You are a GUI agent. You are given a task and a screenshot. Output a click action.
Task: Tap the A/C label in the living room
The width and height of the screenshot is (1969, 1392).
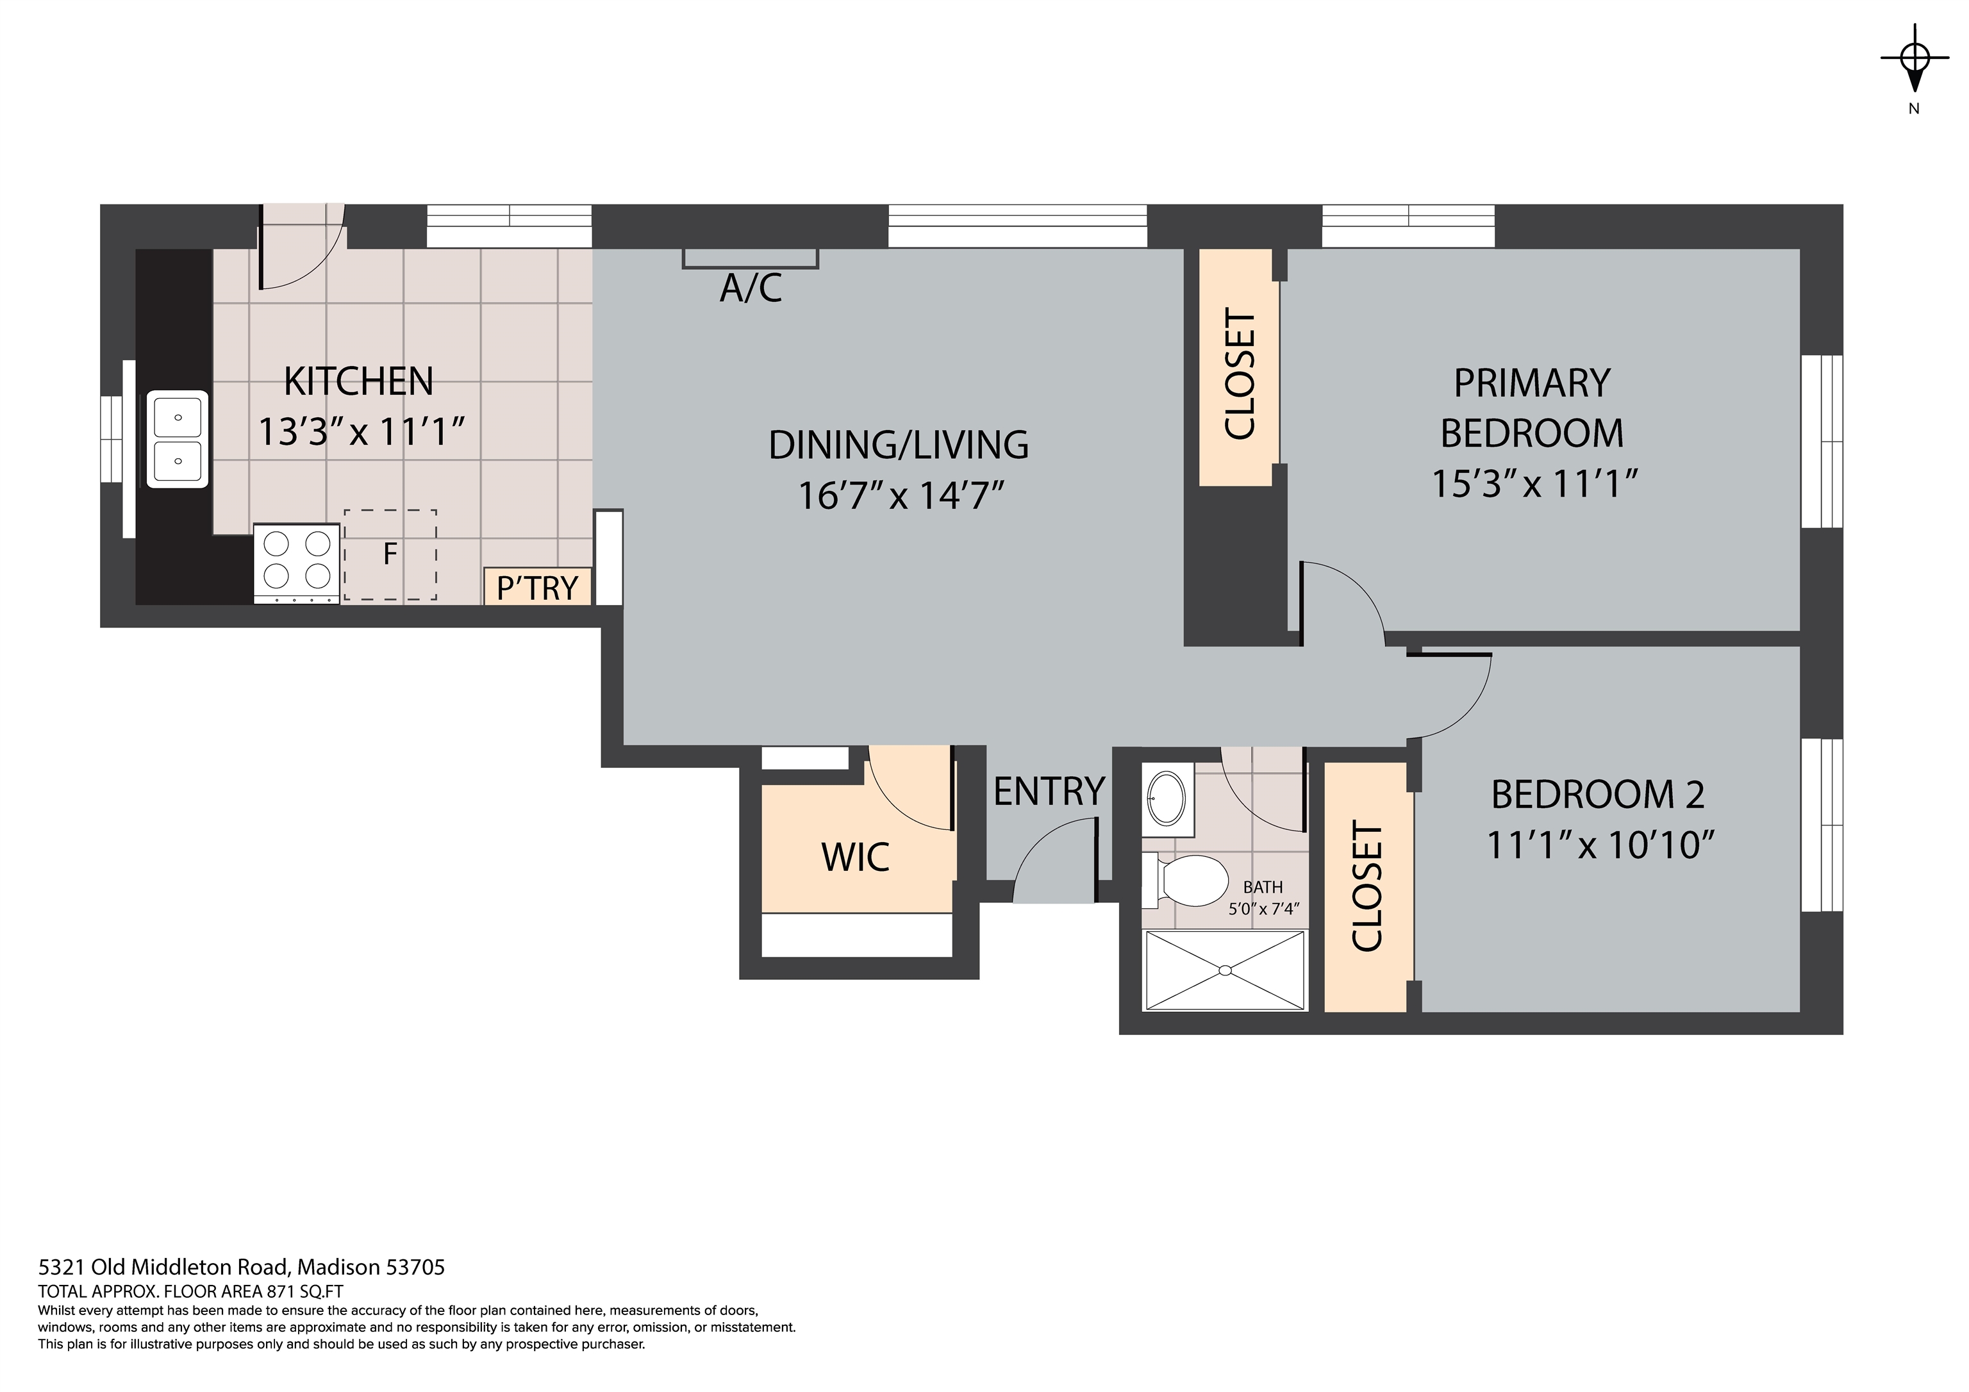pos(751,289)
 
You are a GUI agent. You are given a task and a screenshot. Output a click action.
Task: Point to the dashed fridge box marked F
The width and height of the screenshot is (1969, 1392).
pos(390,555)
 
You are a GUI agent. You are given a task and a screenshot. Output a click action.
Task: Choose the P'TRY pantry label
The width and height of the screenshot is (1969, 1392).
pos(538,588)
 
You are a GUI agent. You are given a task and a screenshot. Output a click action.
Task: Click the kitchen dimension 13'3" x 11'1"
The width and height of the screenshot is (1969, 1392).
pos(361,432)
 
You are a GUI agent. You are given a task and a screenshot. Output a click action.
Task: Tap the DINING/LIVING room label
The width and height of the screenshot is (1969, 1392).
pos(898,444)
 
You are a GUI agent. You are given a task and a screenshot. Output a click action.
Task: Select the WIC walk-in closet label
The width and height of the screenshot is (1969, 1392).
pos(855,857)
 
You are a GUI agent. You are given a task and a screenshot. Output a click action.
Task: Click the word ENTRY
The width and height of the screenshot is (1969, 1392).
pos(1048,791)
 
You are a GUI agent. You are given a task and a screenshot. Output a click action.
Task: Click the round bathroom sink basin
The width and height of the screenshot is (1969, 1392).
pos(1167,799)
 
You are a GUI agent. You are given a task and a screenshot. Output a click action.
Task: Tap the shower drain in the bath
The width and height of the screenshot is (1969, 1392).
pos(1225,970)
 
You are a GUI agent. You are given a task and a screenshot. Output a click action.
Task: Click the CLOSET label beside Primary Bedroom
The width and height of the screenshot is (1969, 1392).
pos(1240,373)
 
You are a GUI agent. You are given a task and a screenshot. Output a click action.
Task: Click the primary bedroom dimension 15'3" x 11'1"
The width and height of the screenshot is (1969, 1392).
pos(1534,485)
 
